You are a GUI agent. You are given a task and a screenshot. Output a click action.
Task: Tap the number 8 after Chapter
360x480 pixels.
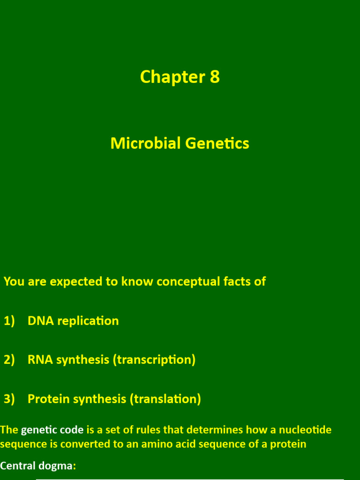(215, 77)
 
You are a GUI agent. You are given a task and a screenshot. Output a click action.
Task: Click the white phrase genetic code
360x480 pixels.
(52, 430)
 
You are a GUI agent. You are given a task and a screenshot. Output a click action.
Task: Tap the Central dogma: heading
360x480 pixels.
(38, 466)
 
